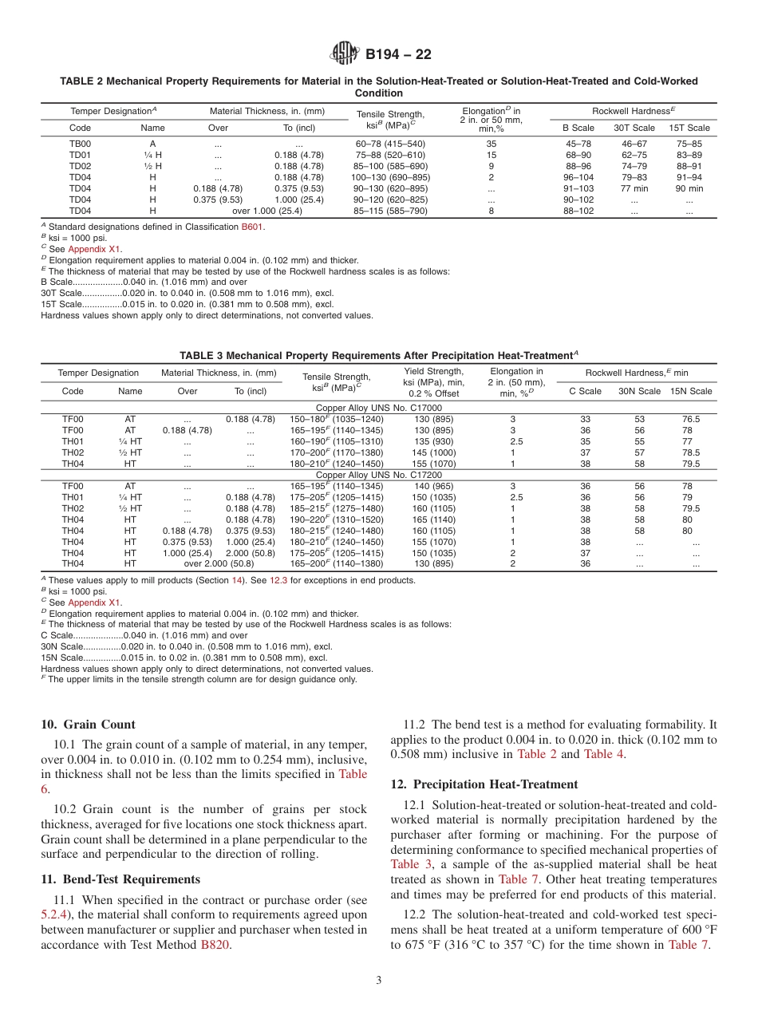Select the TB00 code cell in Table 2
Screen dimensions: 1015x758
80,144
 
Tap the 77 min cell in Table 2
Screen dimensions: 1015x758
634,188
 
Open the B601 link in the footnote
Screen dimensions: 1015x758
251,227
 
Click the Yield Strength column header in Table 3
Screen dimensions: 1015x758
434,381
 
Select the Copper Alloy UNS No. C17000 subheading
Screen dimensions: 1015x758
368,408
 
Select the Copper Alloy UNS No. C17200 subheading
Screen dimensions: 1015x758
368,475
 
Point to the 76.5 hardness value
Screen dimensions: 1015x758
691,419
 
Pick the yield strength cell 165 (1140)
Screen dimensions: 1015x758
434,519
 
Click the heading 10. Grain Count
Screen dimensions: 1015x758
88,725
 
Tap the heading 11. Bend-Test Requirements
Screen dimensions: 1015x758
120,879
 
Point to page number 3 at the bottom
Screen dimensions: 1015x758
379,981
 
